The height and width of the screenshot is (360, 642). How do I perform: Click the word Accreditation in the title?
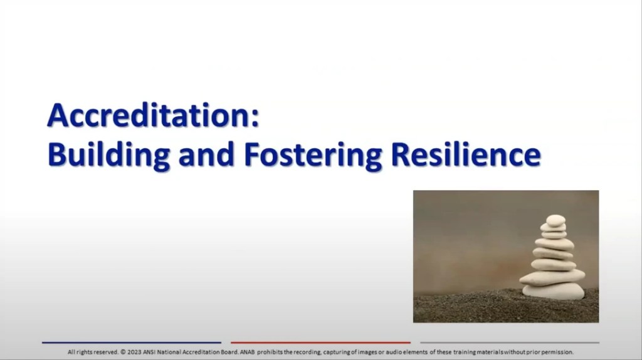148,116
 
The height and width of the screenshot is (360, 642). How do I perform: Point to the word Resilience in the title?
465,154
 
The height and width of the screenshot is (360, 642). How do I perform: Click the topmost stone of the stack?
555,220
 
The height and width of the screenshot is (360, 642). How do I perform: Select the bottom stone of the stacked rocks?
553,291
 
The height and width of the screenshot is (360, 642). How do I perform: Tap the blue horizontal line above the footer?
132,342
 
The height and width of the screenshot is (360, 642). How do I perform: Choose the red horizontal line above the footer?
320,342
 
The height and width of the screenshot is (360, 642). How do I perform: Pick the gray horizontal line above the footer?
509,342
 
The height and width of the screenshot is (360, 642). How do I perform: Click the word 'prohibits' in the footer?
270,352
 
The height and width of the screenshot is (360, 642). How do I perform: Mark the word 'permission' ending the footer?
559,352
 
